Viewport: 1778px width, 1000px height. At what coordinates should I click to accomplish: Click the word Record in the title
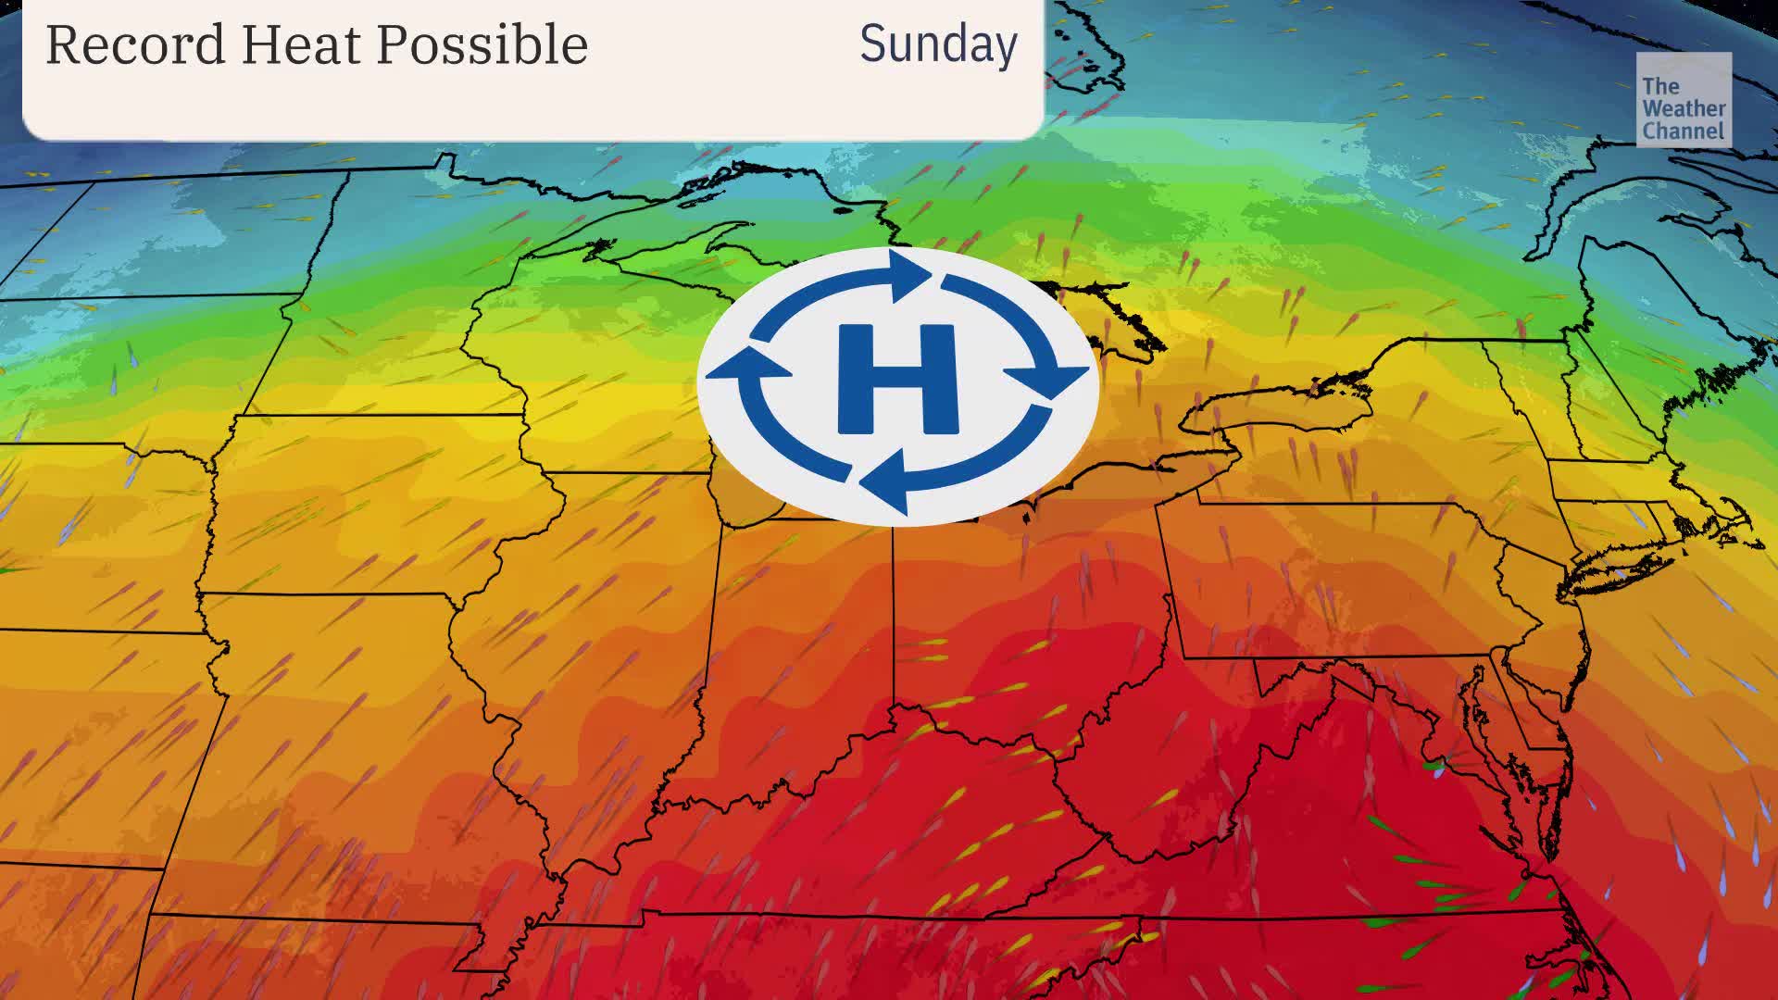point(135,44)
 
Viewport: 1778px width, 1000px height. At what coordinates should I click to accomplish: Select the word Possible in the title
point(482,44)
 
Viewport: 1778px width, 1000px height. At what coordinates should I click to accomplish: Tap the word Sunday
point(938,44)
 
